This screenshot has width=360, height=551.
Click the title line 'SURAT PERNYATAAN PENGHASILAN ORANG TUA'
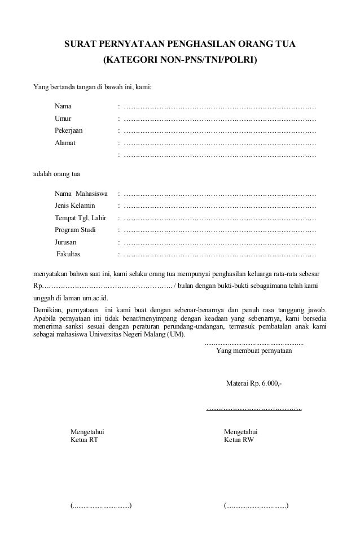(x=179, y=44)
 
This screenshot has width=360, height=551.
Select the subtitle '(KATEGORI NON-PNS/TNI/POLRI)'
(x=179, y=59)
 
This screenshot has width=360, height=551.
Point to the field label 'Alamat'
(x=65, y=143)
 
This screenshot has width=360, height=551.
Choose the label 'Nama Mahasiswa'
(x=81, y=194)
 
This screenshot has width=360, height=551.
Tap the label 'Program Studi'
(x=75, y=230)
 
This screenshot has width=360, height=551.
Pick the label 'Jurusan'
(x=66, y=242)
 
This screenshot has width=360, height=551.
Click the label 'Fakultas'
(x=68, y=254)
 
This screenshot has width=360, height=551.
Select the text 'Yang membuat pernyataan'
(x=254, y=350)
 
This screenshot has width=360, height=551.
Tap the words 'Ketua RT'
(x=84, y=440)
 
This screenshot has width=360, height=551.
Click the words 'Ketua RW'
(x=239, y=440)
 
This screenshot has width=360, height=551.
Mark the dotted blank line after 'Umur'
(x=219, y=119)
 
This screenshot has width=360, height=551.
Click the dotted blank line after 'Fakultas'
(x=219, y=254)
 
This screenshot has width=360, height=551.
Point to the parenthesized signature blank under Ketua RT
(x=101, y=505)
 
